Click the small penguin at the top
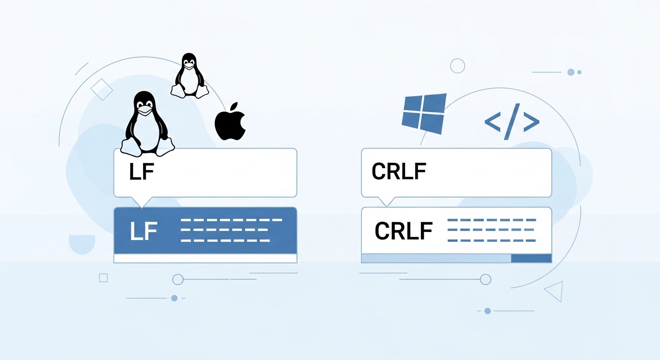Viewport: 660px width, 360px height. [189, 76]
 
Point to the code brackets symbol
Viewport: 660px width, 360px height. [511, 122]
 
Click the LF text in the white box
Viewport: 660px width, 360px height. [141, 172]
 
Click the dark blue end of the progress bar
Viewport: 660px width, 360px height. [531, 258]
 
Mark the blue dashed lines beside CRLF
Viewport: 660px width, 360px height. [491, 230]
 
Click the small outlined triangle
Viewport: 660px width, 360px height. [555, 292]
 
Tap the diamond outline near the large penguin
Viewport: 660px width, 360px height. [102, 89]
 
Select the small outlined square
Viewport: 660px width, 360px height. [104, 278]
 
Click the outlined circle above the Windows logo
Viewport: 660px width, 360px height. [457, 66]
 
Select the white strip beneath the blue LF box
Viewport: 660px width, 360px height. [205, 258]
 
